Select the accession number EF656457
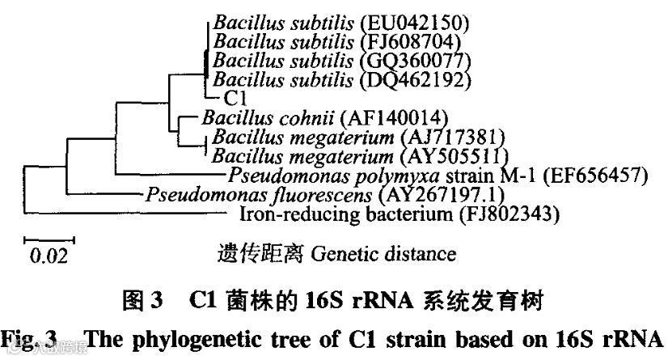click(591, 175)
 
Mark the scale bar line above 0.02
click(49, 240)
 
